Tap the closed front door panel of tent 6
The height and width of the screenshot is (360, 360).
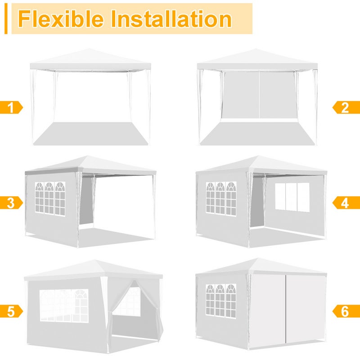point(288,310)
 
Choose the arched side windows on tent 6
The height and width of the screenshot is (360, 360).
point(221,299)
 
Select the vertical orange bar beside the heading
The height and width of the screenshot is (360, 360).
point(6,19)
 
